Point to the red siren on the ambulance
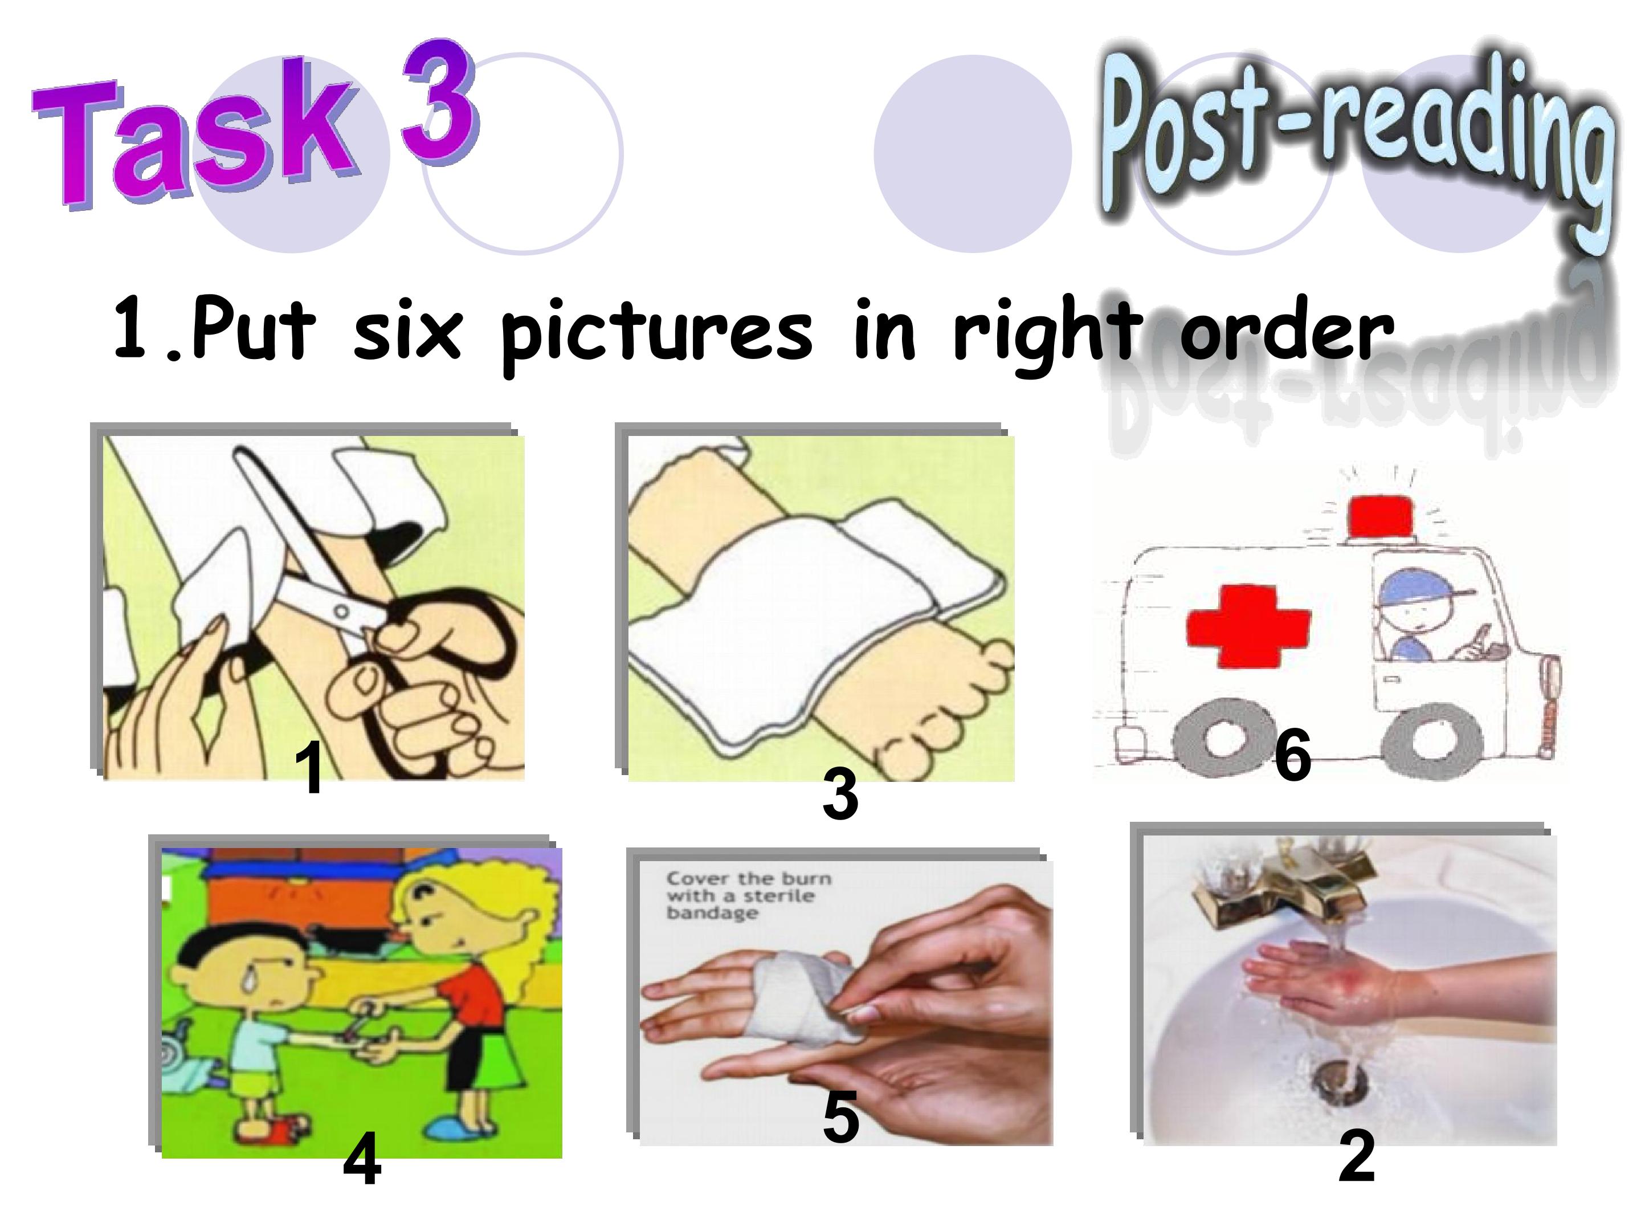(1381, 516)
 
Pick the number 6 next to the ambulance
(1292, 755)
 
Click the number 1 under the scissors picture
(309, 769)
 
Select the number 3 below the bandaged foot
(840, 793)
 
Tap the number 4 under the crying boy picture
(362, 1160)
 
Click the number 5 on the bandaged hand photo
(840, 1116)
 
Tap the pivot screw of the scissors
(341, 612)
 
